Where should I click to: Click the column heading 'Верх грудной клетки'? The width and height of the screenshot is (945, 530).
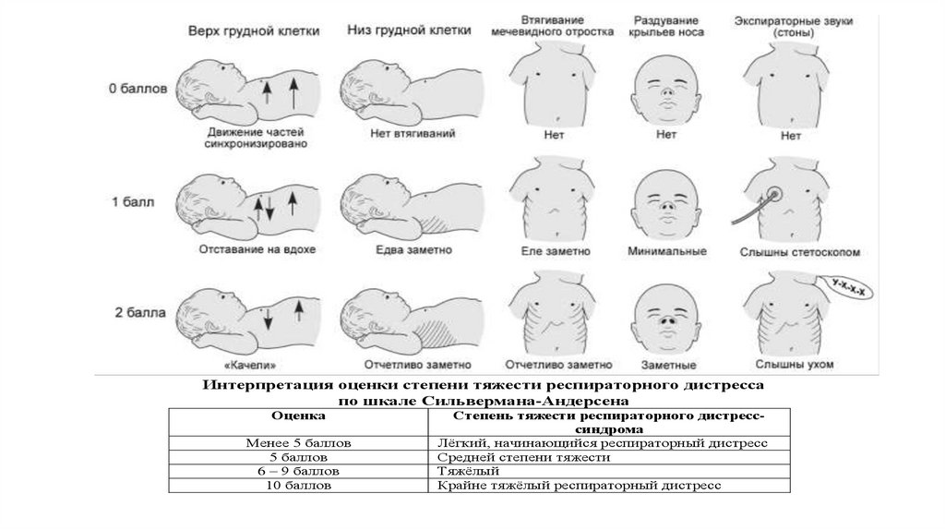tap(254, 30)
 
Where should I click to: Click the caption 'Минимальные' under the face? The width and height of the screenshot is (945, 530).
tap(666, 251)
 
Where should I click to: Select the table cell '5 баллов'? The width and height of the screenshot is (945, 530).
tap(298, 457)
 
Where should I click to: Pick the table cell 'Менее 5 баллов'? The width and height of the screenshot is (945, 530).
tap(298, 443)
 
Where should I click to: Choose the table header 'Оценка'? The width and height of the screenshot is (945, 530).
tap(298, 416)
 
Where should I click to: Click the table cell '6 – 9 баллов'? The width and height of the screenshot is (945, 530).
tap(298, 471)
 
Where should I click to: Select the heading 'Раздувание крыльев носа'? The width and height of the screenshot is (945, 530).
tap(666, 26)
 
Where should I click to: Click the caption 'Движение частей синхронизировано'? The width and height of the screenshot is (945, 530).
tap(257, 138)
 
